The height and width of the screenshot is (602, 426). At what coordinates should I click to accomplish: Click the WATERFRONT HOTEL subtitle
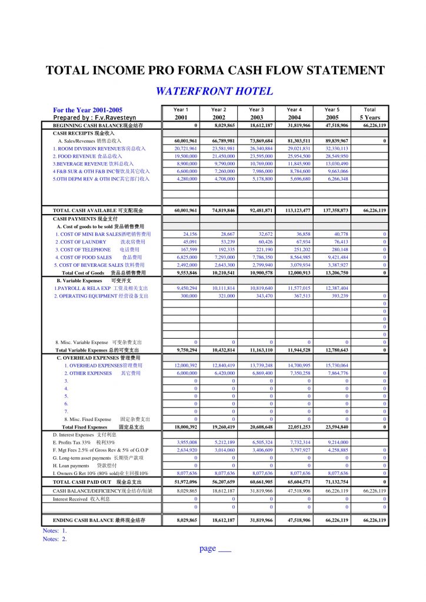(214, 91)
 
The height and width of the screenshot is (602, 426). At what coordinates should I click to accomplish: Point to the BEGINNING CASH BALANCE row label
(98, 125)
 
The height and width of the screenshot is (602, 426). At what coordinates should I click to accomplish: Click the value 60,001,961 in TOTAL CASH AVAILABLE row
(185, 210)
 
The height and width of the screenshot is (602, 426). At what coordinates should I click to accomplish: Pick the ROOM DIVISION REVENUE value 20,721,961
(185, 149)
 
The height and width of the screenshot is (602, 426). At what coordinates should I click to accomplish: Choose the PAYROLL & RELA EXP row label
(101, 288)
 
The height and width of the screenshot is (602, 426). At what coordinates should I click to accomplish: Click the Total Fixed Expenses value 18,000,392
(185, 427)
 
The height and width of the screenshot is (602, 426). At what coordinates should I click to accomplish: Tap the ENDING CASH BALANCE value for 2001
(185, 520)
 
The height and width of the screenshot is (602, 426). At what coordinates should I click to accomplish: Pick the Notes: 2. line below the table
(55, 539)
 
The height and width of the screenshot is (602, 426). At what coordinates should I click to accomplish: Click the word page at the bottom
(208, 549)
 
